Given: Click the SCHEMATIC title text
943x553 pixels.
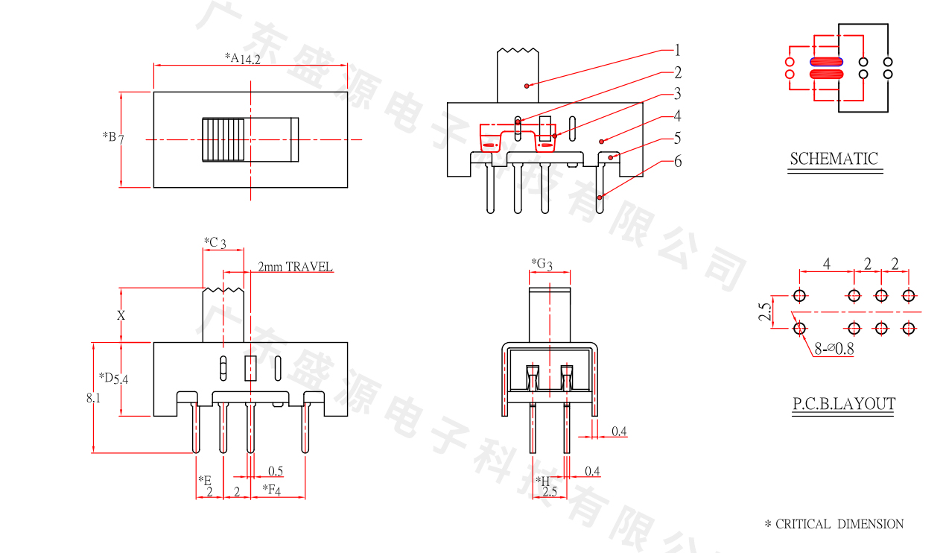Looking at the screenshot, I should (834, 159).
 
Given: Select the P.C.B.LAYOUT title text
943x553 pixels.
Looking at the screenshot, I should (843, 404).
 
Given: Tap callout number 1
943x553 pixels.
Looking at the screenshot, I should (677, 51).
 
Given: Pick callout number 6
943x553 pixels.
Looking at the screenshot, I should (677, 161).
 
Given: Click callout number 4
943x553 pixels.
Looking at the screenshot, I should (677, 116).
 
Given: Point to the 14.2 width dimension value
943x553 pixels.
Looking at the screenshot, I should (250, 60).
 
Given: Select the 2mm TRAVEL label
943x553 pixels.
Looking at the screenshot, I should (295, 267).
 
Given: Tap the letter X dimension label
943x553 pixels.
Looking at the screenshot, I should (121, 315).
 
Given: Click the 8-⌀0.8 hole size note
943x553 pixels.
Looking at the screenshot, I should (834, 348).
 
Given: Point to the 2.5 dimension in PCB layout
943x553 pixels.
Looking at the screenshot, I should (764, 312).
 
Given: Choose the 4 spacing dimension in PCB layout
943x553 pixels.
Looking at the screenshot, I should (827, 264).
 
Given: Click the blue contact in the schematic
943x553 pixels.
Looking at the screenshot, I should (826, 62).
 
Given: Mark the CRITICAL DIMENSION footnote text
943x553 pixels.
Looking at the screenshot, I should (834, 524).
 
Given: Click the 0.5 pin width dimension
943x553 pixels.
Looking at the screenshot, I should (275, 471).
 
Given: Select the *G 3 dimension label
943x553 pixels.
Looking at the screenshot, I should (542, 264).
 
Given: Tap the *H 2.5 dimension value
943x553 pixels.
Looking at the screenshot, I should (549, 492).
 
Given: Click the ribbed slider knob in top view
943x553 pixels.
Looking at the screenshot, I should (223, 139).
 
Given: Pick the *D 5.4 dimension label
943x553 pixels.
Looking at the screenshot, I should (114, 378).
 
